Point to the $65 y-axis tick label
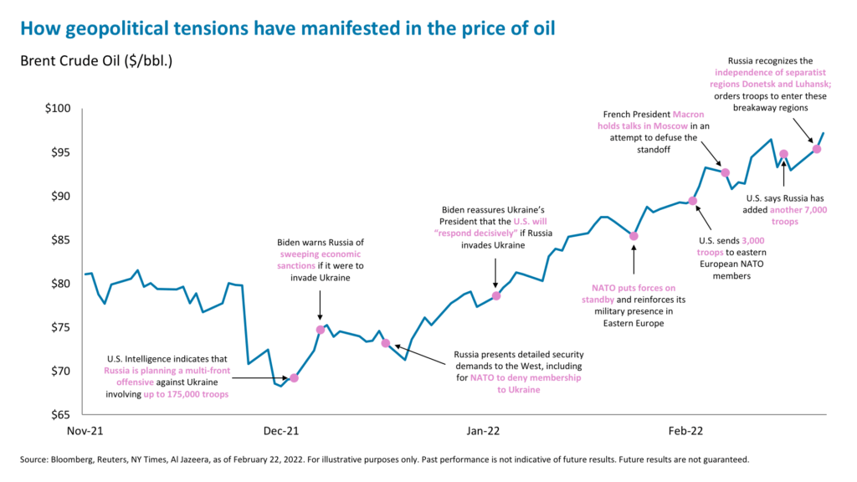pos(59,414)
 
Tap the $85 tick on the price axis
pos(59,240)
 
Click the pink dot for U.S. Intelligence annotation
pos(294,377)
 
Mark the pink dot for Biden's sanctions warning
pos(321,330)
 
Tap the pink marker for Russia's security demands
pos(385,343)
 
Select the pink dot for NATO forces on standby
pos(634,236)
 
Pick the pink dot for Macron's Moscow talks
pos(726,172)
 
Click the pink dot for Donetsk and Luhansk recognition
pos(817,149)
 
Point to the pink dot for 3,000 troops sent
pos(692,200)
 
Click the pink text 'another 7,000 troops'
pos(798,216)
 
